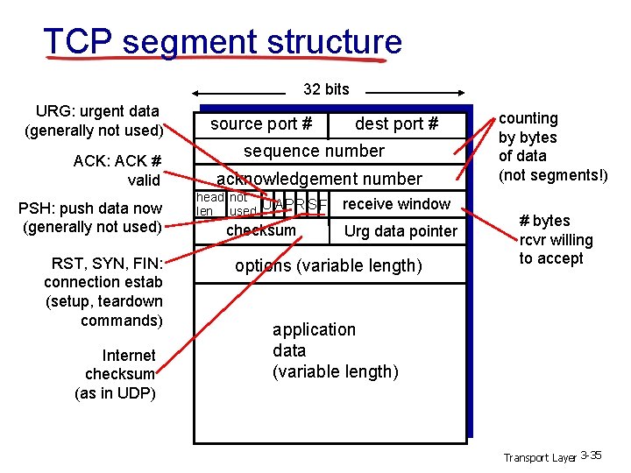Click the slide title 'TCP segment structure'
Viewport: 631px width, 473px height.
223,41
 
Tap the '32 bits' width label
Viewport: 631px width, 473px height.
325,88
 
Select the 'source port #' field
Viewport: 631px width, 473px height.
261,124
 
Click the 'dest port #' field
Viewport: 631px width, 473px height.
396,124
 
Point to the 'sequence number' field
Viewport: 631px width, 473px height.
314,151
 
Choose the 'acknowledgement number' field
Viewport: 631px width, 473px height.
319,179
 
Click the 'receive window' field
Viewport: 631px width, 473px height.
396,204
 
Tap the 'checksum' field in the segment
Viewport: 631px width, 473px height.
261,230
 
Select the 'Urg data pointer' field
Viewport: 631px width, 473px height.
401,231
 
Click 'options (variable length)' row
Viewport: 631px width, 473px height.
328,265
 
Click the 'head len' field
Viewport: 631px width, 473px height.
209,204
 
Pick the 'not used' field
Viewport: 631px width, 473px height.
241,205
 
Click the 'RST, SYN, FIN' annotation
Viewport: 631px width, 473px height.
104,291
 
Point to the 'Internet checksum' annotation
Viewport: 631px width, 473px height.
117,374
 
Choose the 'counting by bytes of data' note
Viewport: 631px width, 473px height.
552,146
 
